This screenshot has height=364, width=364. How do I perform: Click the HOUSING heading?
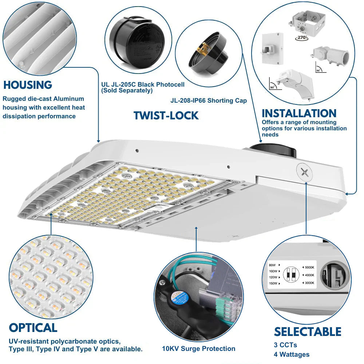[28, 85]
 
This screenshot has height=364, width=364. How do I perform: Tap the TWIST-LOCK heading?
[166, 115]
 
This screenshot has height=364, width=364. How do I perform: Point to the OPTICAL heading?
[33, 328]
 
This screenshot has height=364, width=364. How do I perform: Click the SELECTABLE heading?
[308, 332]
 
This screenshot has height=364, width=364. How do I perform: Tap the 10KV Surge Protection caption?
[198, 349]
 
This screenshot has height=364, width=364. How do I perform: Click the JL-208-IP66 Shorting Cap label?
[209, 100]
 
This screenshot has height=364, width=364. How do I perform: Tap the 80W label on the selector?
[273, 265]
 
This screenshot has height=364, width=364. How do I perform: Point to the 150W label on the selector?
[273, 283]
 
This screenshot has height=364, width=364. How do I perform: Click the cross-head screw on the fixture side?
[305, 171]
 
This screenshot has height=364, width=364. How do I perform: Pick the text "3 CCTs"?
[285, 345]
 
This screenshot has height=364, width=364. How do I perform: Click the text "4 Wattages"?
[292, 354]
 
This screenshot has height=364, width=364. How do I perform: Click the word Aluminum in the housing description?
[71, 99]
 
